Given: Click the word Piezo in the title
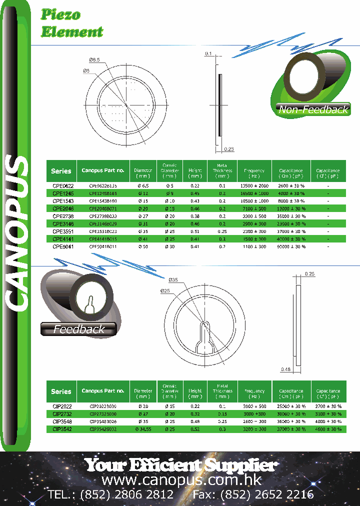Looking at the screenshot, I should click(x=60, y=15).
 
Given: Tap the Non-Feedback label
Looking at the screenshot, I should click(x=313, y=109).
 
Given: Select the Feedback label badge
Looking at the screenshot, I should click(x=79, y=329).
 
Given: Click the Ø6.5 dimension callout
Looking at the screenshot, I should click(x=94, y=60).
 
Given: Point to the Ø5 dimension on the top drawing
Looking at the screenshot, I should click(x=86, y=71).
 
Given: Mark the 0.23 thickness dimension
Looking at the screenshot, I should click(x=229, y=149).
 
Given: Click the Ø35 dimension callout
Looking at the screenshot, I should click(x=174, y=279).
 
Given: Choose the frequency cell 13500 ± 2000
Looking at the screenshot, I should click(x=254, y=185).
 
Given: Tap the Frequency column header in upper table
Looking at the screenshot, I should click(x=254, y=173).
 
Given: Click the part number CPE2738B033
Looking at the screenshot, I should click(x=102, y=216).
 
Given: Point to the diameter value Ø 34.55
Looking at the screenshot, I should click(x=143, y=429).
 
